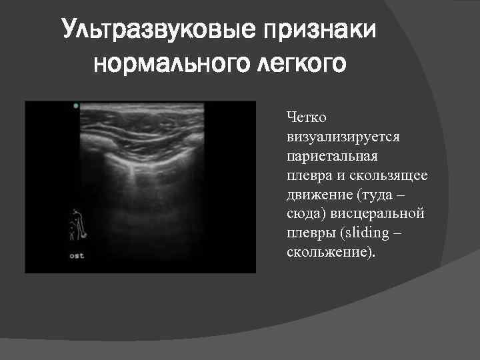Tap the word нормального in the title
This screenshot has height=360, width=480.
(163, 65)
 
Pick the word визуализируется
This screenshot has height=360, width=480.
(342, 137)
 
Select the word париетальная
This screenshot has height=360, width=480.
(332, 156)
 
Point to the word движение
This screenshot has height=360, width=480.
(318, 195)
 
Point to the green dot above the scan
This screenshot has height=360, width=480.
(76, 105)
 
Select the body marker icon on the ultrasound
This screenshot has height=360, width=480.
(77, 225)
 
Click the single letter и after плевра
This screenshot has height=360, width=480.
(338, 175)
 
